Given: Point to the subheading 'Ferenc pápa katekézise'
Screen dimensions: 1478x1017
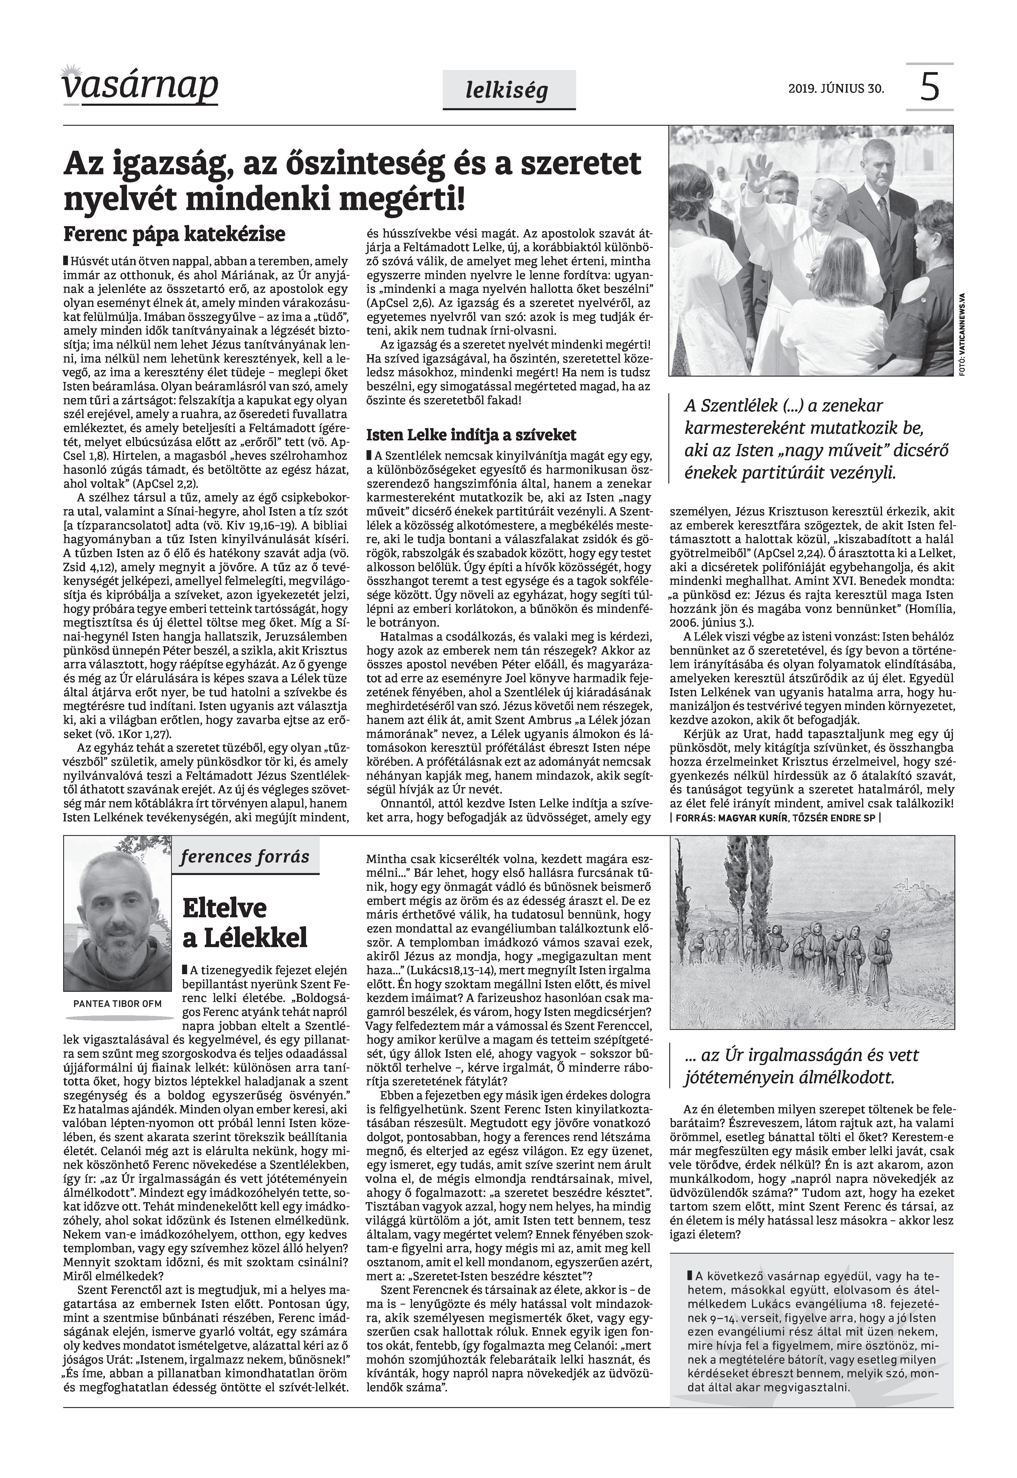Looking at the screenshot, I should [174, 234].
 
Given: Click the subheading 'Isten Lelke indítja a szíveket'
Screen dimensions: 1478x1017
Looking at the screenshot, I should [471, 435].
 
